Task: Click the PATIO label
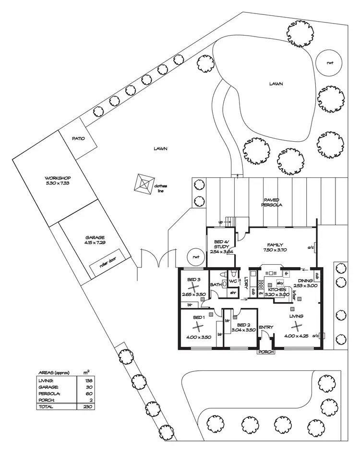click(x=78, y=139)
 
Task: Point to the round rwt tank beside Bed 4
click(x=196, y=257)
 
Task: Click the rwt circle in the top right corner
click(x=330, y=62)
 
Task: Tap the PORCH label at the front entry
click(x=265, y=352)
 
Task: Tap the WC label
click(x=233, y=281)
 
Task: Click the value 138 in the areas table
click(x=87, y=380)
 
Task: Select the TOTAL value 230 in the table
click(x=87, y=406)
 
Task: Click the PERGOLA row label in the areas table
click(x=48, y=393)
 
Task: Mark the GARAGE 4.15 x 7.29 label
click(x=95, y=240)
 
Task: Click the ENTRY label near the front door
click(x=266, y=327)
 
